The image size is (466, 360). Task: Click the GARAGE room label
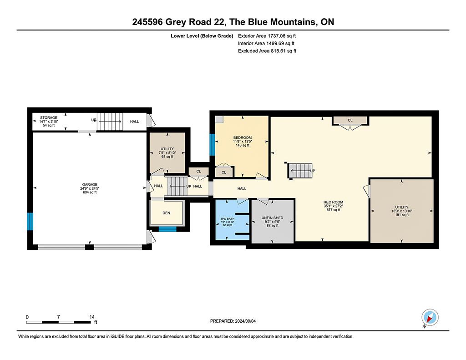coord(90,185)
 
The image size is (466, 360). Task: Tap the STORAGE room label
coord(49,118)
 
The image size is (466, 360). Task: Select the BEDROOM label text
coord(243,137)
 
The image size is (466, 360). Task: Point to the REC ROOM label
coord(334,202)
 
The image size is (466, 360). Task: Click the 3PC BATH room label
coord(228,219)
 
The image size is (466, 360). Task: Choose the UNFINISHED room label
coord(272,218)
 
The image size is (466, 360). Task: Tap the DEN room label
coord(167,213)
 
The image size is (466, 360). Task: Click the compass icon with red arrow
coord(430,317)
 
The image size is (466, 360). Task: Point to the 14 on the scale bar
coord(92,317)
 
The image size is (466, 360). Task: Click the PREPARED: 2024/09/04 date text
coord(233,321)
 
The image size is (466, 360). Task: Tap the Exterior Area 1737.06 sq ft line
coord(267,36)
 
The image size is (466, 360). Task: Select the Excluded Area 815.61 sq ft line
coord(267,51)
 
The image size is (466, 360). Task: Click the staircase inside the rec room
coord(301,171)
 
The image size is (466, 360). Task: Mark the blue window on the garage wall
coord(30,222)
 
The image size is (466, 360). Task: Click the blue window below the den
coord(167,229)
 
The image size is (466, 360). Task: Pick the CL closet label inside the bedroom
coord(224,172)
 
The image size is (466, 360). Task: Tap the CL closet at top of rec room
coord(350,121)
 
